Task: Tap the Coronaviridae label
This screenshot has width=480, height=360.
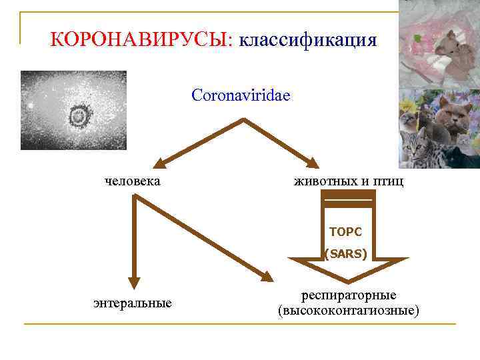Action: click(241, 95)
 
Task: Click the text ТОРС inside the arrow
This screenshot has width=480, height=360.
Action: click(345, 232)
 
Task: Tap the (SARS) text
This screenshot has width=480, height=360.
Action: click(345, 253)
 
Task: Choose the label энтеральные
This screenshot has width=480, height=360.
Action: click(133, 303)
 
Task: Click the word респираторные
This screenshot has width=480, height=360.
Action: click(349, 295)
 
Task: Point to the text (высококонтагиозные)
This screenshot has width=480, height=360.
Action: click(349, 311)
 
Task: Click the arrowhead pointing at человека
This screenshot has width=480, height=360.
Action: click(159, 163)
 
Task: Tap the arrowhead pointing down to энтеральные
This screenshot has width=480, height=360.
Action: click(134, 282)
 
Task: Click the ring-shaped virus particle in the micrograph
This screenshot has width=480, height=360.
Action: click(79, 117)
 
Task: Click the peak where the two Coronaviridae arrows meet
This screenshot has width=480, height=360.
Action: click(241, 121)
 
